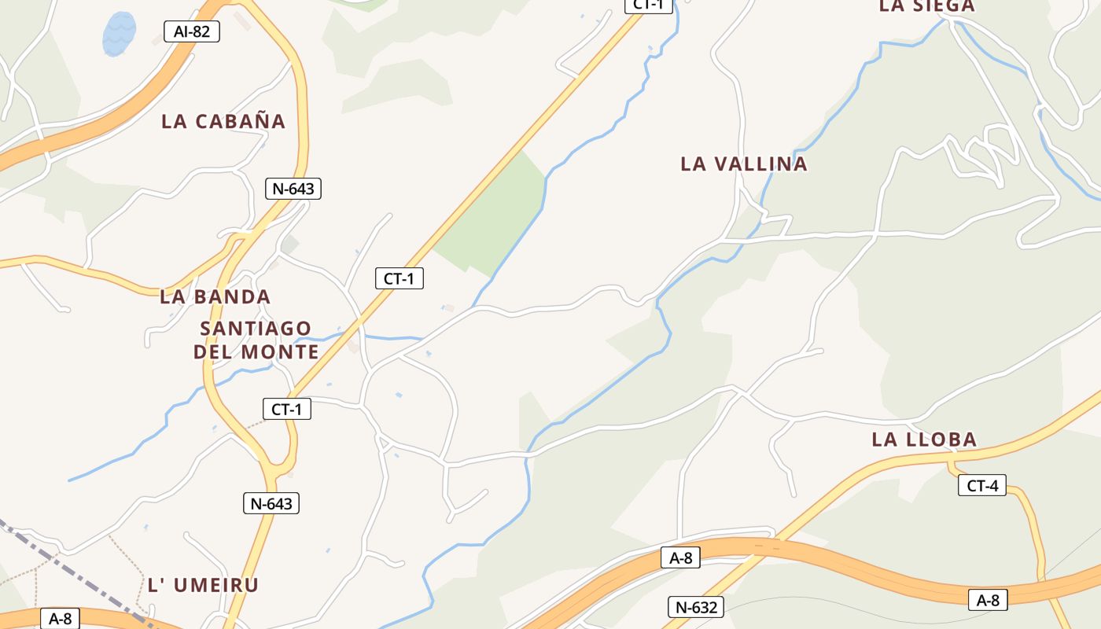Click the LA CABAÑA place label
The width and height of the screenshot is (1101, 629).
point(223,122)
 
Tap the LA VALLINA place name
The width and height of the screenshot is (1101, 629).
point(743,164)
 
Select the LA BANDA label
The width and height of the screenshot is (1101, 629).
point(215,297)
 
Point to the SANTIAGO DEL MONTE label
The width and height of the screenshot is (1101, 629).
point(256,340)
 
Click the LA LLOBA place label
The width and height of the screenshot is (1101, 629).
point(923,440)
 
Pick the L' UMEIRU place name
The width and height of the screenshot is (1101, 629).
point(203,585)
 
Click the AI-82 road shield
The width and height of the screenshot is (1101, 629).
point(192,31)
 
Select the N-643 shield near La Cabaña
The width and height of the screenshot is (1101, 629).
point(293,189)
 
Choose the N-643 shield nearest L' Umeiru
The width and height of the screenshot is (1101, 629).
point(271,503)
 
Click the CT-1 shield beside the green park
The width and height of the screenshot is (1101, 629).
point(400,278)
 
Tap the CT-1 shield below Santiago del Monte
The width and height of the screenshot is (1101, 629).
point(287,409)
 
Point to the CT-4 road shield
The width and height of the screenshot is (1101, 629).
point(982,486)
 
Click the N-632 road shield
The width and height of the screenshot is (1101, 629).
point(696,607)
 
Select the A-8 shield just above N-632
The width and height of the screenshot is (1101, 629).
point(680,558)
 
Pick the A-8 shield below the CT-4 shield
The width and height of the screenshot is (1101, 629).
point(988,600)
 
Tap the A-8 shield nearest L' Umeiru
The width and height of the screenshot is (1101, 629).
point(60,619)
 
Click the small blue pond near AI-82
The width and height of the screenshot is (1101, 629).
point(120,34)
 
